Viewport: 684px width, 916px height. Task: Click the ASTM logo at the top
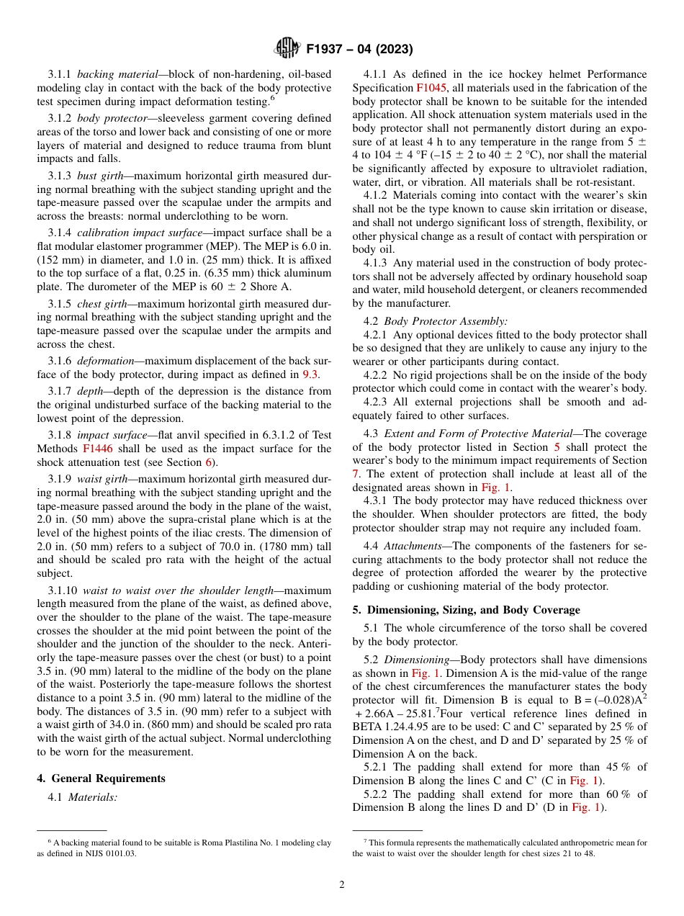click(287, 49)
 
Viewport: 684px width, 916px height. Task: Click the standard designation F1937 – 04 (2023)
click(359, 50)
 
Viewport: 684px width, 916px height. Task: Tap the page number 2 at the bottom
click(342, 884)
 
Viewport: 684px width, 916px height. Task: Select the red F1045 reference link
click(431, 88)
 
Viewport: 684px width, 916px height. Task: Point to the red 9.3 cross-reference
click(310, 374)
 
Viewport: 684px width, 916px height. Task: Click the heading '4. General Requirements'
click(101, 778)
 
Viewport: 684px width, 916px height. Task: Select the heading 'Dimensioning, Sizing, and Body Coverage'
click(473, 609)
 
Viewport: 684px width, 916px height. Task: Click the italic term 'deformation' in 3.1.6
click(105, 360)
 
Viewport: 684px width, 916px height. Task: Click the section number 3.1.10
click(63, 590)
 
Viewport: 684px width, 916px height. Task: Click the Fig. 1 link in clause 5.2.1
click(583, 781)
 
